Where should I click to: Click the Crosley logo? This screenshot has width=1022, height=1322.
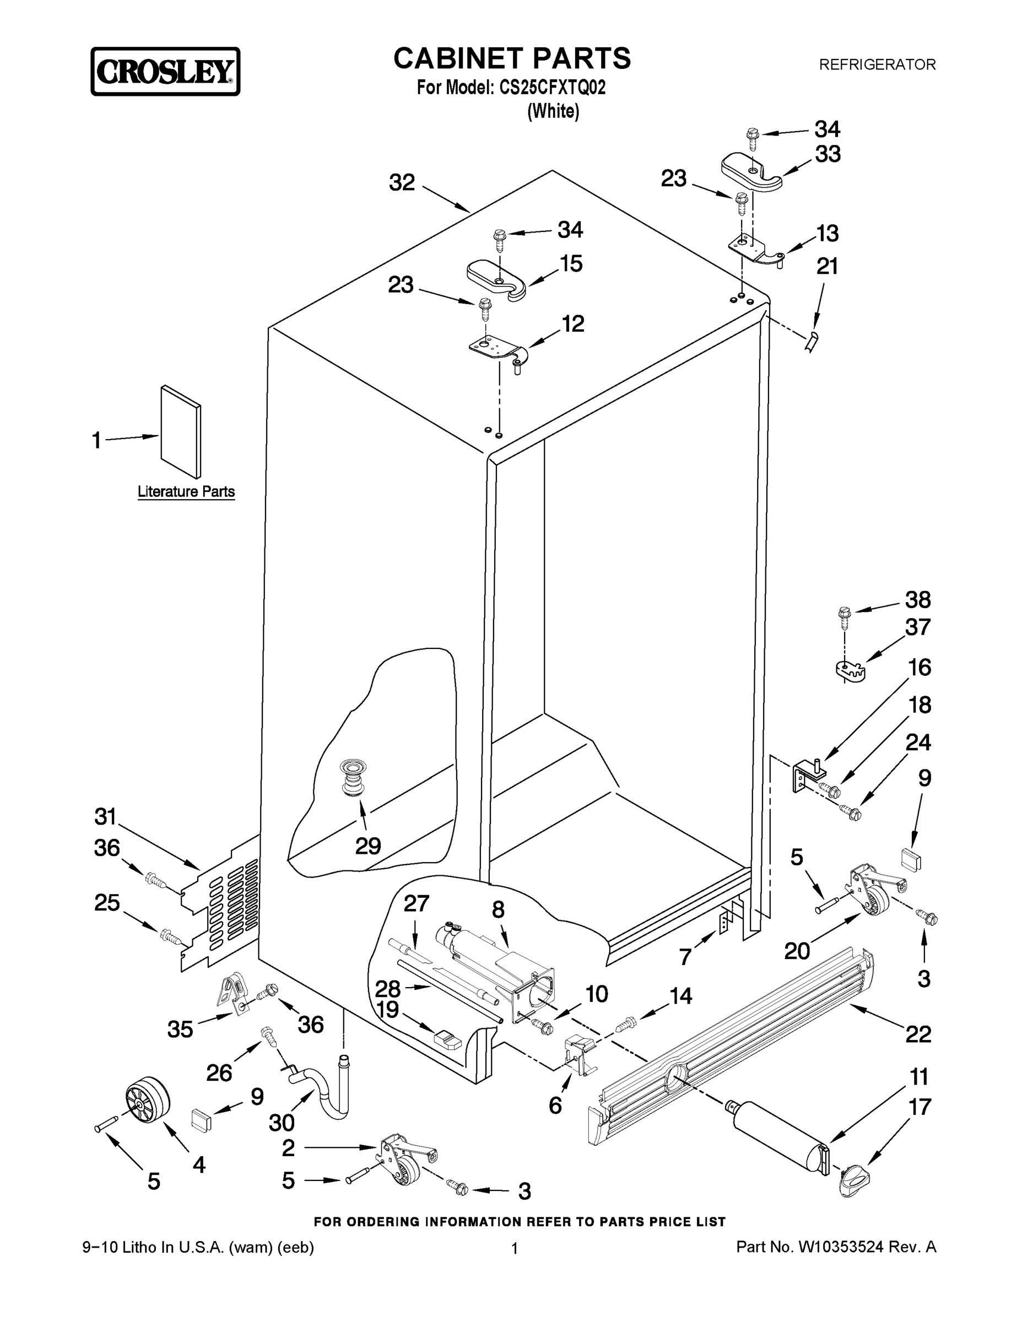pyautogui.click(x=165, y=72)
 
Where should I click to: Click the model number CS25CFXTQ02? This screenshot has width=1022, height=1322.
pyautogui.click(x=551, y=88)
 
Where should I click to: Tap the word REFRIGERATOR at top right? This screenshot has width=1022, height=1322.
pyautogui.click(x=877, y=64)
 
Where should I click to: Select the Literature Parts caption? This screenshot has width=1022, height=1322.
pyautogui.click(x=186, y=491)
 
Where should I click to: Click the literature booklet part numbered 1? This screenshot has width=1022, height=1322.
pyautogui.click(x=180, y=432)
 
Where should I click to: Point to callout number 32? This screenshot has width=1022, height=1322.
pyautogui.click(x=402, y=182)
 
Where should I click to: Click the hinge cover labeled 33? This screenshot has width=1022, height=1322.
pyautogui.click(x=751, y=172)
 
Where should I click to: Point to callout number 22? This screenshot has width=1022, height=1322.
pyautogui.click(x=917, y=1034)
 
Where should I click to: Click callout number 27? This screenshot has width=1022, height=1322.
pyautogui.click(x=416, y=904)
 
